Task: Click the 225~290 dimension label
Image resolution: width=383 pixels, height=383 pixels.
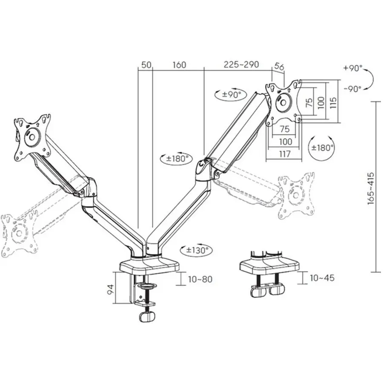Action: (241, 65)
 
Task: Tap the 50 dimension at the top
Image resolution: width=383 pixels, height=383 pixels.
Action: (146, 65)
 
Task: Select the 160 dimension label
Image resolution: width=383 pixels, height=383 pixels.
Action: (179, 65)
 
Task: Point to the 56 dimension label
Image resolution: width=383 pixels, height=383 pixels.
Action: (279, 66)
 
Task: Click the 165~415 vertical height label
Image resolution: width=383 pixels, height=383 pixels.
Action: (371, 188)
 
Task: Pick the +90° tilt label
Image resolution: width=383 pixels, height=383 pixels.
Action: (353, 68)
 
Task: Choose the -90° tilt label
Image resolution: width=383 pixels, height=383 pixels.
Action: (352, 89)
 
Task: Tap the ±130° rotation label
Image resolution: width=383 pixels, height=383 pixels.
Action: (197, 250)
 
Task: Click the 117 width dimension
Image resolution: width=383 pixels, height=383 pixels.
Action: (285, 154)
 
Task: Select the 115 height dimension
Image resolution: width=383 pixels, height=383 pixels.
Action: (333, 102)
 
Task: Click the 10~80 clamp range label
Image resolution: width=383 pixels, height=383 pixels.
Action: (200, 279)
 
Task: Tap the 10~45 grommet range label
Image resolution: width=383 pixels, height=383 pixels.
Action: (322, 278)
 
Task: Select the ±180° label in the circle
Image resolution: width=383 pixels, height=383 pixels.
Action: (323, 148)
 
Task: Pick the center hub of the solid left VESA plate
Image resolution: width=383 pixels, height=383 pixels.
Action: (32, 137)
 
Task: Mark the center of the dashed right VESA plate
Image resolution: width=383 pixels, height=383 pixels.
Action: (296, 195)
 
